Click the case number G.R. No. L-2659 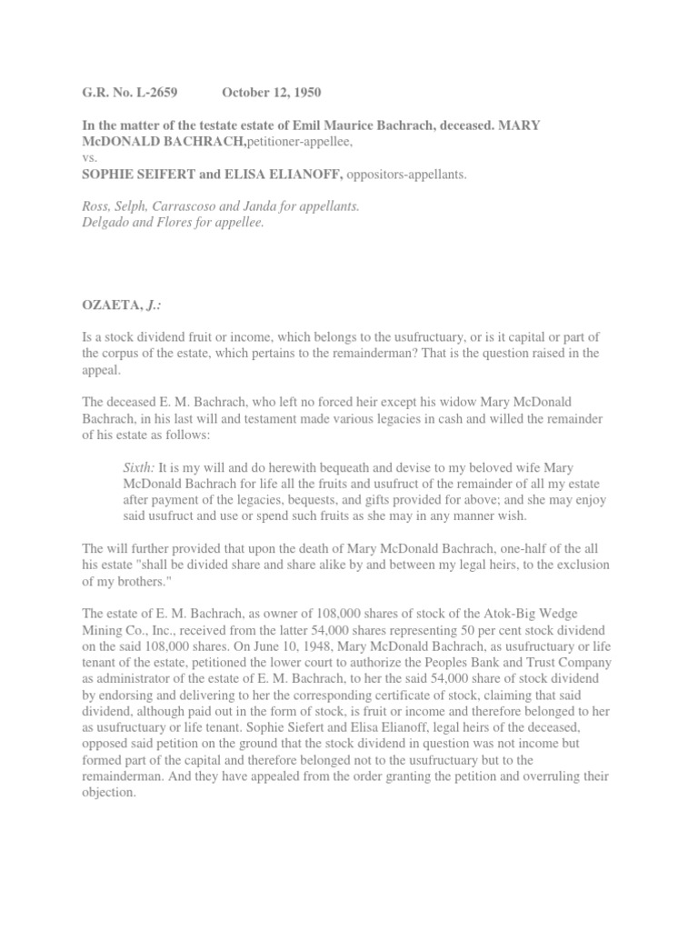(130, 93)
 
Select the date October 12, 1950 (271, 93)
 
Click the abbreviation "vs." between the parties (89, 157)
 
